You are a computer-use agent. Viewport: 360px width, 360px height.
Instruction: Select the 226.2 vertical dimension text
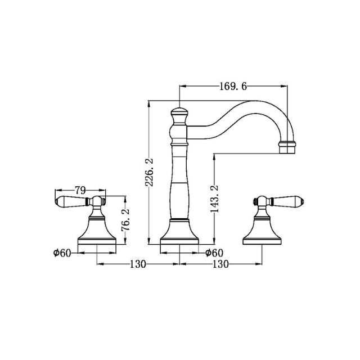click(x=149, y=174)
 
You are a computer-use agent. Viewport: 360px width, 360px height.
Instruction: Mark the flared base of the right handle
click(x=263, y=231)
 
